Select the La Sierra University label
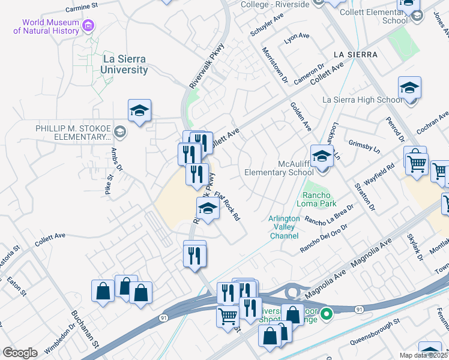point(125,65)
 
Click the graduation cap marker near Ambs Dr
point(139,111)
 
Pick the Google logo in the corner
point(20,353)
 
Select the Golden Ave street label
point(300,117)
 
